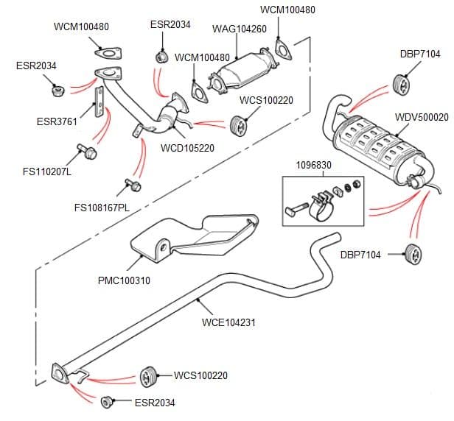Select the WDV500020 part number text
422,117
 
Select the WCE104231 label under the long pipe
228,322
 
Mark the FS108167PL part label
102,208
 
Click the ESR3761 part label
57,121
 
